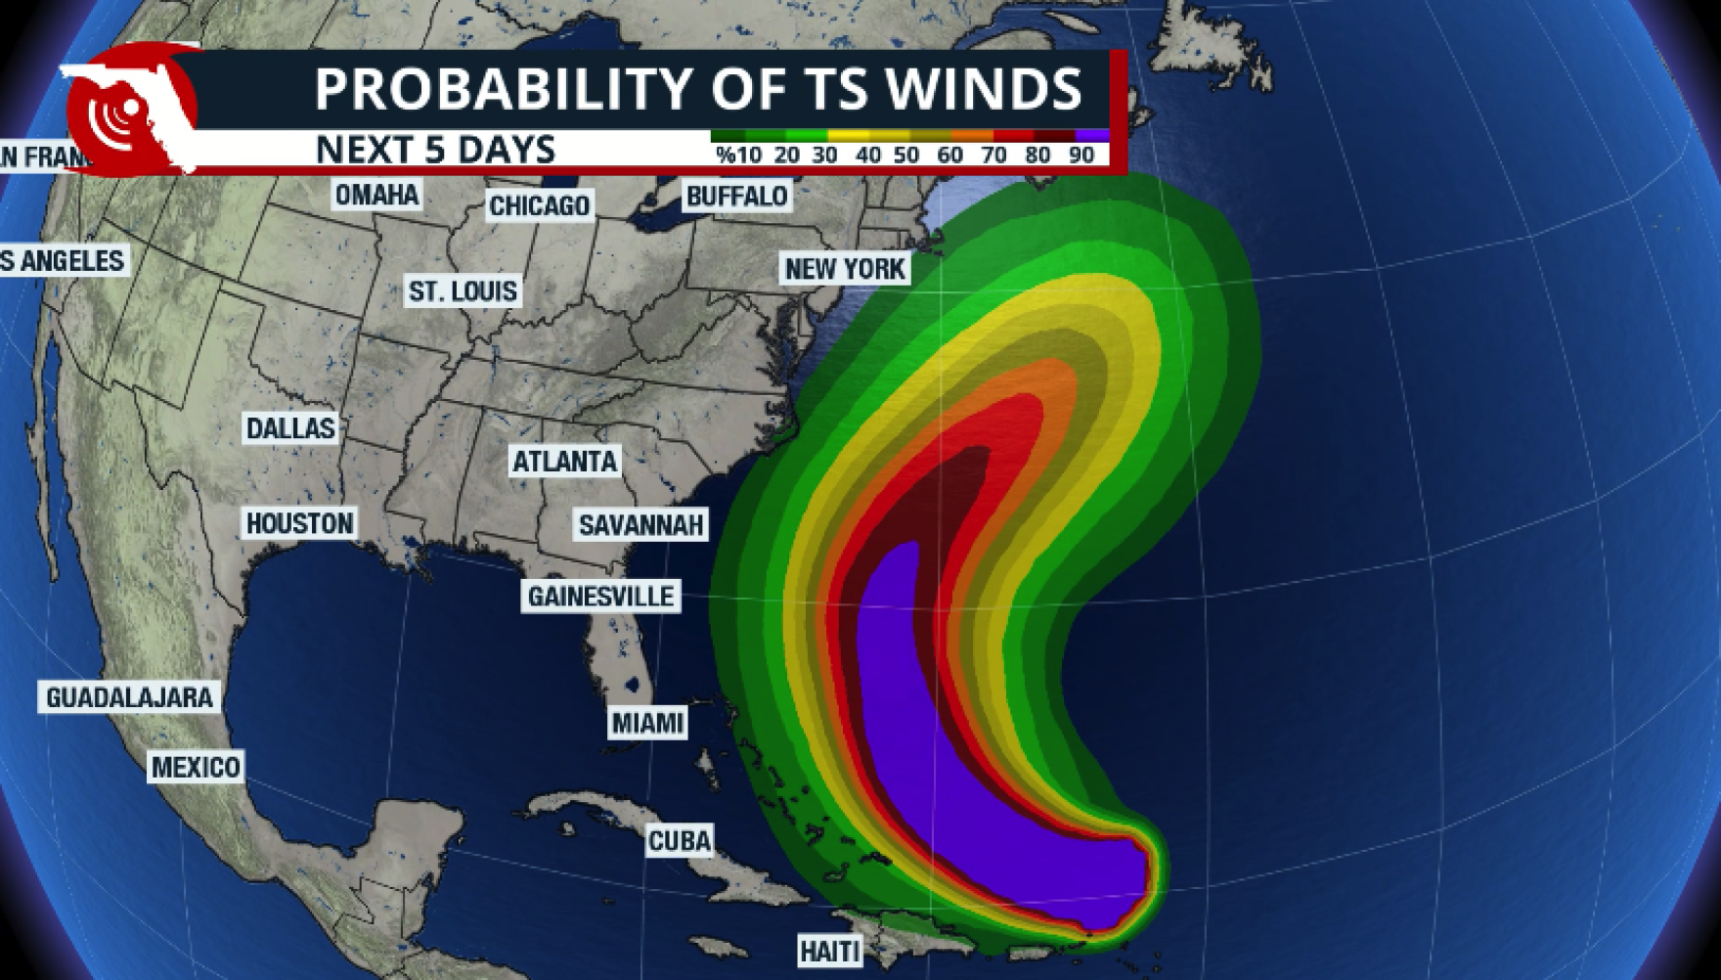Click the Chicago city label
[540, 205]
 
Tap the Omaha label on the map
[377, 195]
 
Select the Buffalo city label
[736, 197]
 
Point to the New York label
[846, 268]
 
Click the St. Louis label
[463, 290]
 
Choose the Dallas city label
[290, 427]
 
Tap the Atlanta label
[565, 461]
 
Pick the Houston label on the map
[299, 523]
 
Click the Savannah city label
[641, 525]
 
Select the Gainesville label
[601, 596]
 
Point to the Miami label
[647, 724]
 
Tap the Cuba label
[680, 840]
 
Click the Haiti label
[830, 950]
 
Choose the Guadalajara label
[129, 697]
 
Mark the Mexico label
[196, 767]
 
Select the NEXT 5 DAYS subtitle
[436, 150]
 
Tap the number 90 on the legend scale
[1081, 155]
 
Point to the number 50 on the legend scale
[906, 155]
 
